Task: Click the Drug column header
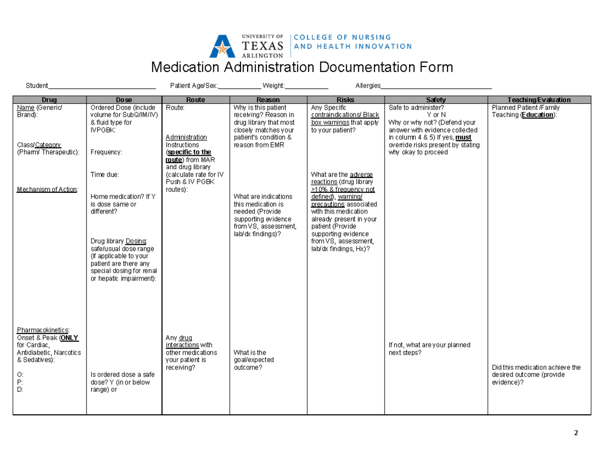click(x=49, y=100)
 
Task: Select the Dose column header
click(x=124, y=100)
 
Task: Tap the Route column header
click(x=195, y=100)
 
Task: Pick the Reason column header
click(x=268, y=100)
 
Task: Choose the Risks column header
click(x=345, y=100)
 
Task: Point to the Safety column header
click(x=436, y=100)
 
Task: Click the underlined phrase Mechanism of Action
click(x=47, y=189)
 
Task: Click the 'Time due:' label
click(x=105, y=174)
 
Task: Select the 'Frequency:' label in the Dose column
click(x=107, y=152)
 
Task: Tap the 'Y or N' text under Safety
click(x=436, y=115)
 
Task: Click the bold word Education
click(x=538, y=115)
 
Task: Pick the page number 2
click(x=576, y=433)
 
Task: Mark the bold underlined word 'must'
click(x=463, y=137)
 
